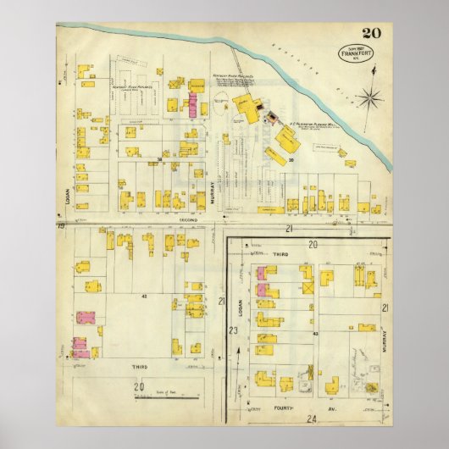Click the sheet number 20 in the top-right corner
(x=370, y=33)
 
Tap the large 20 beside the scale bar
(x=137, y=386)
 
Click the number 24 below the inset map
(x=312, y=419)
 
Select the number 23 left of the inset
(x=232, y=330)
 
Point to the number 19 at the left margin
(x=61, y=227)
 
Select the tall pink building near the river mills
(x=192, y=106)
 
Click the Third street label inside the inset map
(x=280, y=253)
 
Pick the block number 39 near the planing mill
(x=290, y=158)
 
